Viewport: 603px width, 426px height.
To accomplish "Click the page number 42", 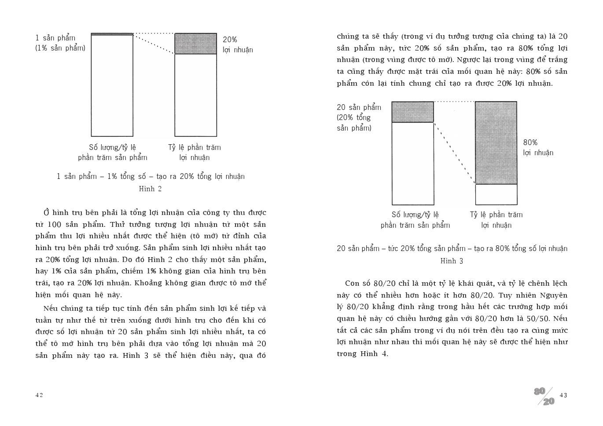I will tap(39, 395).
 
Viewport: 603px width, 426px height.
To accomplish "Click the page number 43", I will tap(563, 395).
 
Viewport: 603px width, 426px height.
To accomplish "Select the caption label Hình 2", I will tap(150, 189).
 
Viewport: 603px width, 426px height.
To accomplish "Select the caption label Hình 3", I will tap(452, 261).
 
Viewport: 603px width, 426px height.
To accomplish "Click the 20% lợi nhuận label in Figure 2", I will tap(237, 44).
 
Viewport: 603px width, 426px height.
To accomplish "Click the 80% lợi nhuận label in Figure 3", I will tap(538, 148).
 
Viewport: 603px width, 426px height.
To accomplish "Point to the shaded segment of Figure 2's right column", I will tap(195, 44).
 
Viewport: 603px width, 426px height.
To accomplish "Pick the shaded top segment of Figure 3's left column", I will tap(412, 112).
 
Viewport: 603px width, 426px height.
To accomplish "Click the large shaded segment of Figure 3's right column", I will tap(496, 143).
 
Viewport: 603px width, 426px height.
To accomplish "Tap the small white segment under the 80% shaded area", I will tap(496, 194).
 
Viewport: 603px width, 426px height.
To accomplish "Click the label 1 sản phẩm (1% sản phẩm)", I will tap(60, 43).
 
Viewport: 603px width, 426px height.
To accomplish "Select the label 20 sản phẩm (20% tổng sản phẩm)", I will tap(359, 117).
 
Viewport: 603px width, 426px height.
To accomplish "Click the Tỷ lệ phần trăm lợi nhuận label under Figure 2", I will tap(195, 153).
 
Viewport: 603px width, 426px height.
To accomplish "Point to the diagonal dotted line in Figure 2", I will tap(154, 44).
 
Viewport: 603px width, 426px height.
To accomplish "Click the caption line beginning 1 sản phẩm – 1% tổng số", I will tap(151, 176).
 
